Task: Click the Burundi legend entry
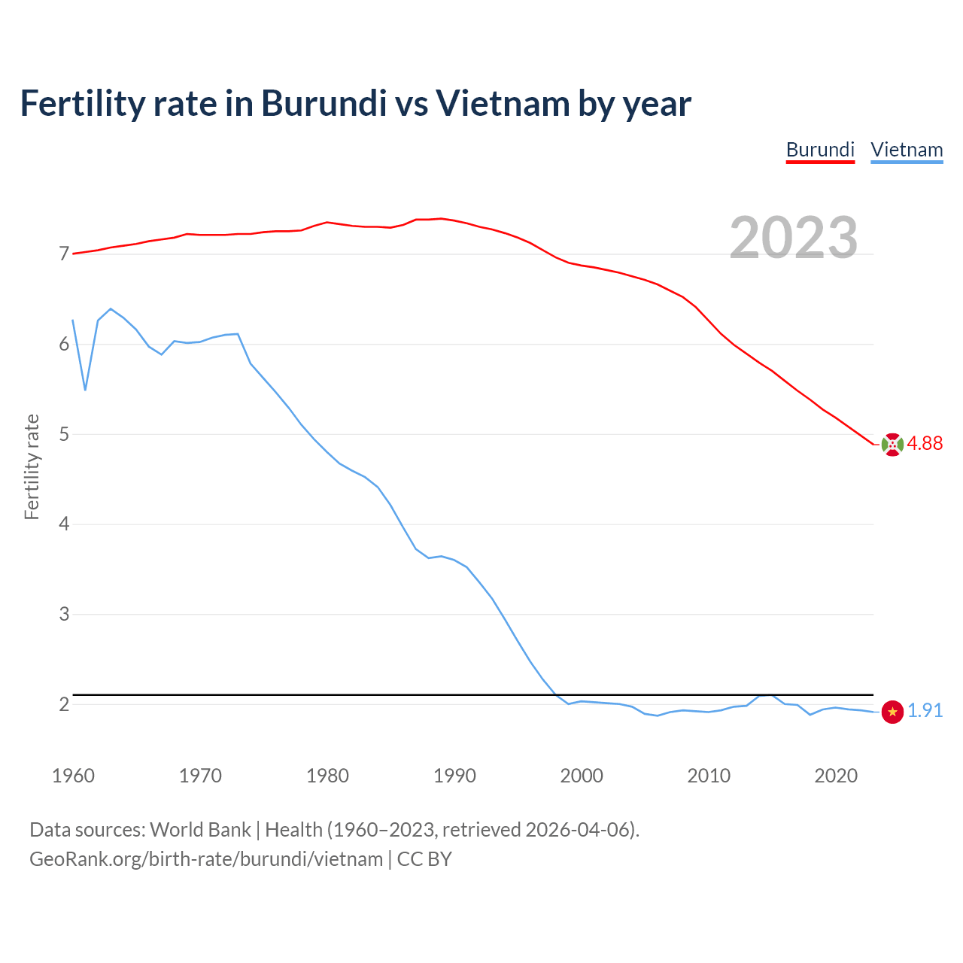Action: pyautogui.click(x=820, y=150)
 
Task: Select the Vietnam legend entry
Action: pyautogui.click(x=907, y=150)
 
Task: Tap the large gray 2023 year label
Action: pyautogui.click(x=794, y=238)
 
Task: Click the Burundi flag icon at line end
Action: pyautogui.click(x=892, y=445)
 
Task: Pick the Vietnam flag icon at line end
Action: pyautogui.click(x=892, y=712)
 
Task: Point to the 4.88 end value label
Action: pyautogui.click(x=925, y=444)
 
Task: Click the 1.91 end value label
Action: pyautogui.click(x=925, y=711)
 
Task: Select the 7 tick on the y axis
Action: pyautogui.click(x=64, y=254)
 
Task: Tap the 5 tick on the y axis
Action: pyautogui.click(x=64, y=434)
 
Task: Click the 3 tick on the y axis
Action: pyautogui.click(x=64, y=614)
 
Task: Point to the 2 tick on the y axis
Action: pyautogui.click(x=64, y=704)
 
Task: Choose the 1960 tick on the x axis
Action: pyautogui.click(x=73, y=776)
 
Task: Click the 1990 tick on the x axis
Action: pyautogui.click(x=454, y=776)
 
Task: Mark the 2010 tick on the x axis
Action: pyautogui.click(x=709, y=776)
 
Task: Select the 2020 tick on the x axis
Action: pyautogui.click(x=836, y=776)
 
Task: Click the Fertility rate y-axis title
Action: pyautogui.click(x=32, y=466)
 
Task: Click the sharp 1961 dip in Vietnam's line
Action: pyautogui.click(x=85, y=389)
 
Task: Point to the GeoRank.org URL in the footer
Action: pyautogui.click(x=206, y=859)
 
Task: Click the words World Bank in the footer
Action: pyautogui.click(x=200, y=830)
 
